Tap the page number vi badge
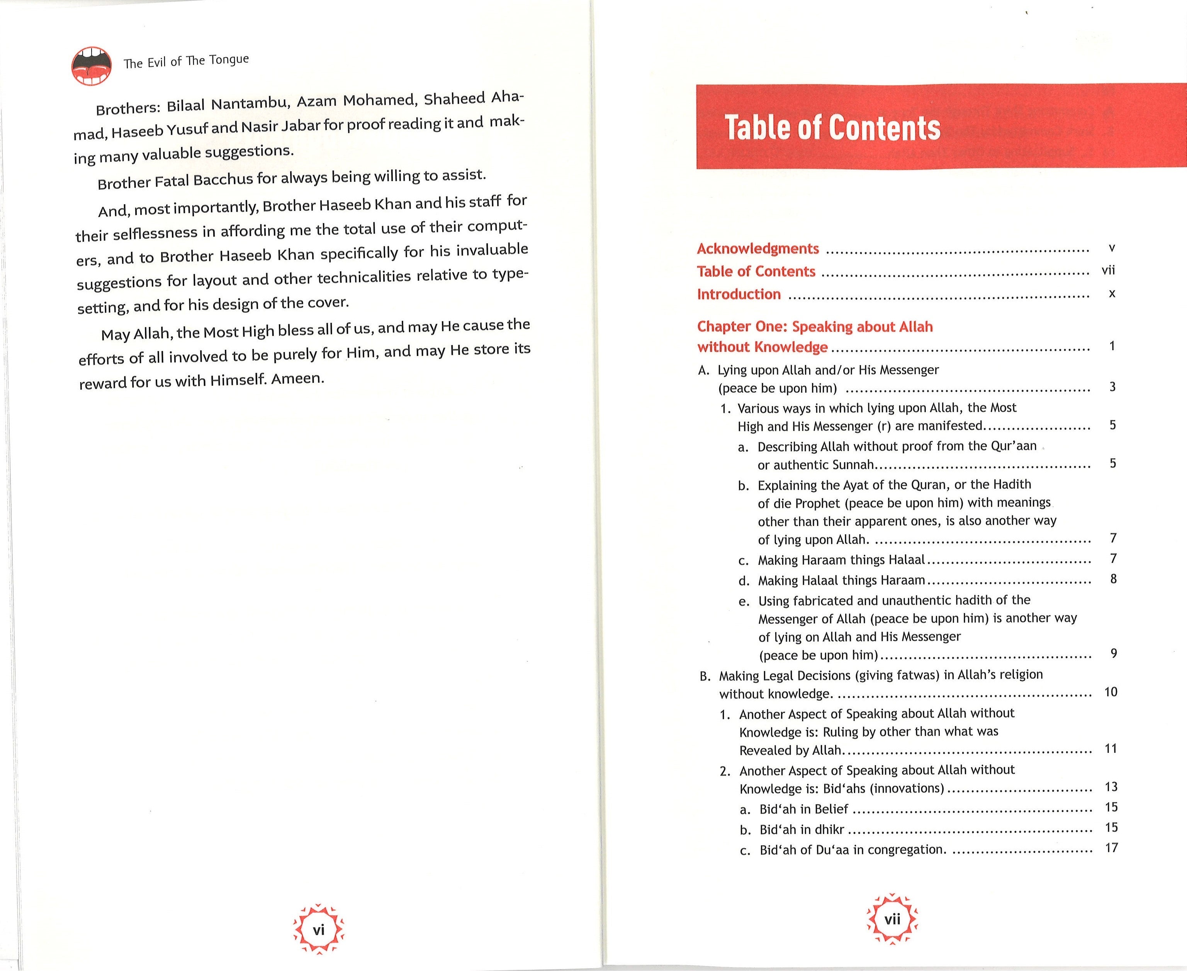click(318, 930)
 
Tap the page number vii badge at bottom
click(892, 919)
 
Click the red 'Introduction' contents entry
click(739, 294)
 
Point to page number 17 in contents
click(1111, 848)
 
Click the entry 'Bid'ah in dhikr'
click(802, 829)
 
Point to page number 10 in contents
click(1111, 692)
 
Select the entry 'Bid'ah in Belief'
click(804, 809)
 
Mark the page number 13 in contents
click(1111, 787)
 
